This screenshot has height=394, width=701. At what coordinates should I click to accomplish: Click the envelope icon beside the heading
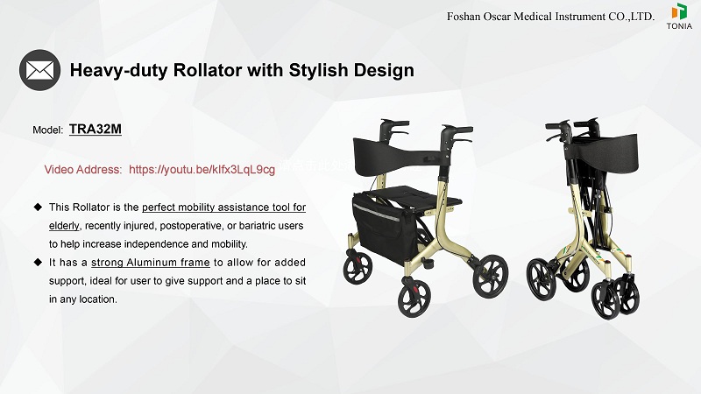tap(39, 69)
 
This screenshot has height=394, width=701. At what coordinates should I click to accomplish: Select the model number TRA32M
tap(95, 129)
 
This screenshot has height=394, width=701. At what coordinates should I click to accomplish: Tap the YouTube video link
tap(202, 169)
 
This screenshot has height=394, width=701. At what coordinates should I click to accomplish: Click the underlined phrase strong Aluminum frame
tap(150, 263)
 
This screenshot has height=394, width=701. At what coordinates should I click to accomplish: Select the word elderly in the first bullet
tap(64, 225)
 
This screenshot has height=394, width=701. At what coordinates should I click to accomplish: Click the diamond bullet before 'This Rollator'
tap(38, 207)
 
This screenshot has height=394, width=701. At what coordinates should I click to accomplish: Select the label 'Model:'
tap(47, 130)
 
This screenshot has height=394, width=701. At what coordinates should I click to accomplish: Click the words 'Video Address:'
tap(83, 169)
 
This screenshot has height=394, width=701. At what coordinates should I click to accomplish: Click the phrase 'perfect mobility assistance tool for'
tap(223, 207)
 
